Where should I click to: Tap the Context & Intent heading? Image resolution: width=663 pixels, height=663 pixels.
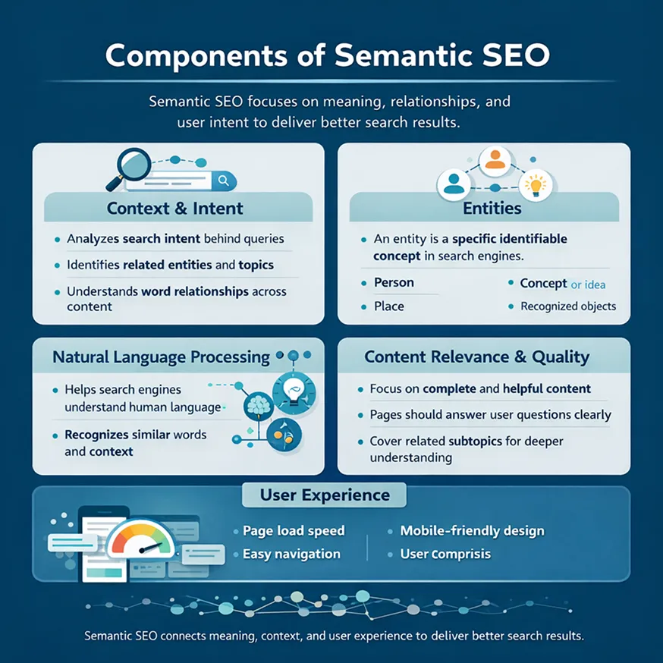coord(175,208)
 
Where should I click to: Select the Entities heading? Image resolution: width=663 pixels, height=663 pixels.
coord(492,208)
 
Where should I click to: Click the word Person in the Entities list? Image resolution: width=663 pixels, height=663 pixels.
coord(394,282)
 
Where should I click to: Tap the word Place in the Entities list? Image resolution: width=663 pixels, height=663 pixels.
coord(389,306)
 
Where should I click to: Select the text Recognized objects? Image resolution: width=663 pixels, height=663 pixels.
coord(568,306)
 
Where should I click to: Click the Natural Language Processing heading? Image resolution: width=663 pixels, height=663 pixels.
coord(161,357)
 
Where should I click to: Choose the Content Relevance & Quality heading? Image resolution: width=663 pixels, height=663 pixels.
coord(476,357)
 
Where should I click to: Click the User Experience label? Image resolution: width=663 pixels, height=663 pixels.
coord(325,496)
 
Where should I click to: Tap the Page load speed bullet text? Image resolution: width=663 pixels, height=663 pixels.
coord(294,530)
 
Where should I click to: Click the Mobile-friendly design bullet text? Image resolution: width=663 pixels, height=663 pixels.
coord(472,530)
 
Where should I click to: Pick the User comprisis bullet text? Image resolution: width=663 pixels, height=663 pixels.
coord(445,554)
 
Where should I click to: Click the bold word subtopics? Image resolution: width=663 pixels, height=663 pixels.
coord(472,441)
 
